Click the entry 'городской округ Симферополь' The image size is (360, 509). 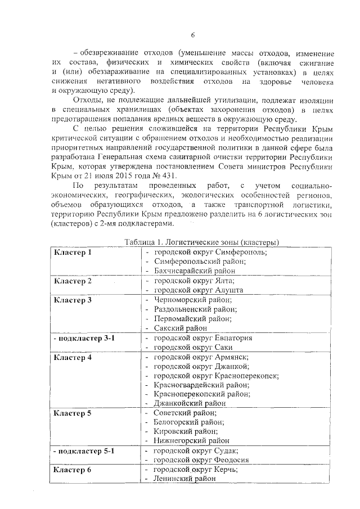[210, 252]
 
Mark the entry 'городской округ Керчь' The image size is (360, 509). [196, 470]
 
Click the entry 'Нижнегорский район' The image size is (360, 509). [191, 440]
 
